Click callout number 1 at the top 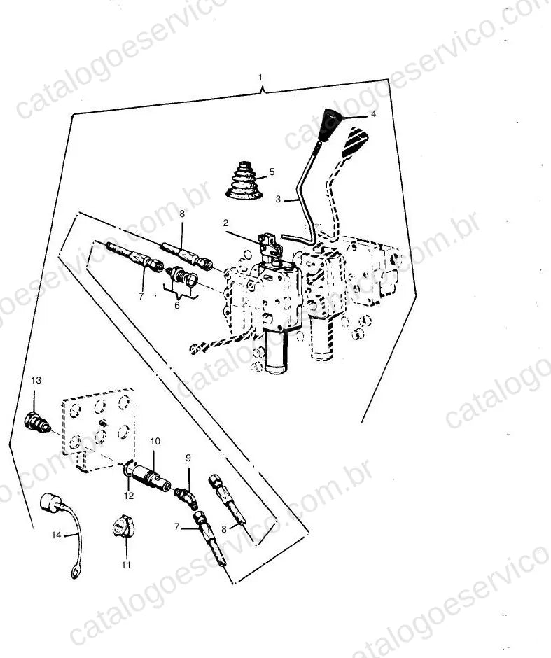click(260, 78)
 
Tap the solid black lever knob click(330, 125)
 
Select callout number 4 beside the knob click(373, 114)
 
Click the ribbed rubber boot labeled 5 click(244, 181)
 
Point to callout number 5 click(272, 171)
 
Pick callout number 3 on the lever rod click(278, 199)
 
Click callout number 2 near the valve click(225, 223)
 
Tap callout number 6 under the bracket click(176, 305)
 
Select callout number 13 click(36, 380)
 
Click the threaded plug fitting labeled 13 click(38, 422)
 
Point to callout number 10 click(155, 441)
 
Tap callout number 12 click(129, 496)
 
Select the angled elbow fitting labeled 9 click(186, 497)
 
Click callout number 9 click(188, 457)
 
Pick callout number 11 click(126, 566)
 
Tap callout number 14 click(56, 535)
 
